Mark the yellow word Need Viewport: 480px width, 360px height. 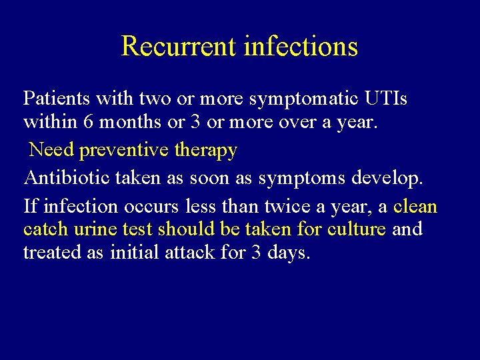tap(51, 150)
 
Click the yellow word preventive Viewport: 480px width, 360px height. tap(125, 150)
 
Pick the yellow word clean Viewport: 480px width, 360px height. tap(415, 207)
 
